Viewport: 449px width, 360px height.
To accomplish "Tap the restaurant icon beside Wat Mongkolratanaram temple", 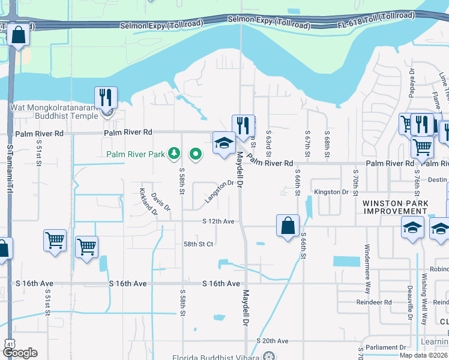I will [106, 97].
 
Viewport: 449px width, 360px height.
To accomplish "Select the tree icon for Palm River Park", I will [174, 154].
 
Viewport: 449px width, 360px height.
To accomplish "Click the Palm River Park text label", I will [136, 154].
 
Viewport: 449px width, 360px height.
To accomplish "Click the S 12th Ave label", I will [217, 221].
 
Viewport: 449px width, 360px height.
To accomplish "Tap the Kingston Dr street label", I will [331, 192].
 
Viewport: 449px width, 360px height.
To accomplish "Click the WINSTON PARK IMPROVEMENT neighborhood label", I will [395, 208].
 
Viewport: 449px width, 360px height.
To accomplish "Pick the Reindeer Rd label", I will [376, 302].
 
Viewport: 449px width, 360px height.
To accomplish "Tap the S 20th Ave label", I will [273, 341].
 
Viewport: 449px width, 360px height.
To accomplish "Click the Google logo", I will [19, 353].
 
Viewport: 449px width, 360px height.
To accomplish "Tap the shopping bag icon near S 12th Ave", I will [288, 226].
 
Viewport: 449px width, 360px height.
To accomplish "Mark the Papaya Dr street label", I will [412, 79].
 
